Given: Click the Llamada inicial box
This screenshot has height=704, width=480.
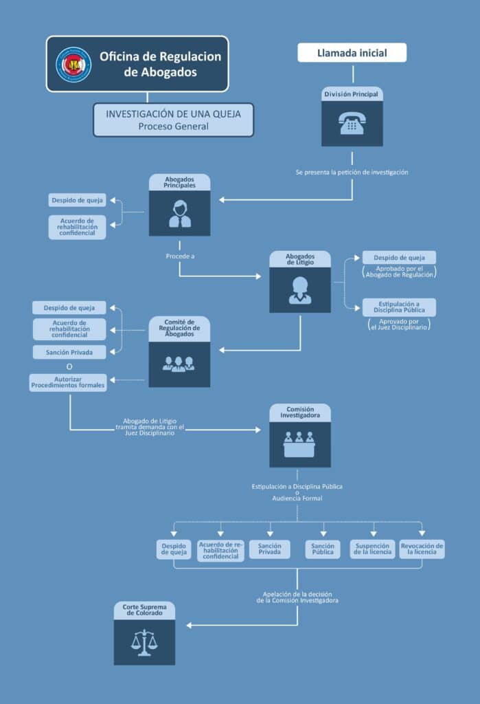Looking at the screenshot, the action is [x=352, y=52].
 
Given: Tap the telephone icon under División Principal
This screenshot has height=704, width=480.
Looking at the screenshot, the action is [x=352, y=123].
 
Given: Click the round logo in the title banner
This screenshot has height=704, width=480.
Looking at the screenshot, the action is [x=73, y=65].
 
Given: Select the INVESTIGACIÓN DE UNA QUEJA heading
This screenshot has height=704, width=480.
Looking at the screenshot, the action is [x=173, y=114].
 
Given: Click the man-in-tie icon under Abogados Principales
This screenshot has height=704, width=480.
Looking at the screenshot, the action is [x=180, y=214].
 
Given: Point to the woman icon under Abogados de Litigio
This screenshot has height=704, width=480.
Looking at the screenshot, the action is [x=300, y=290].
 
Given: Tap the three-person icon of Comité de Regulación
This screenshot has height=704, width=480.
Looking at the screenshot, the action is [x=179, y=364].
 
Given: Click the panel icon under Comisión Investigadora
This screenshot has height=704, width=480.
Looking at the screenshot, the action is [x=299, y=445].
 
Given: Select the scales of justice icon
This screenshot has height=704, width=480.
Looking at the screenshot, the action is [x=144, y=643].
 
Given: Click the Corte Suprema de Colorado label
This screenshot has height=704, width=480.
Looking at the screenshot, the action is [x=144, y=610].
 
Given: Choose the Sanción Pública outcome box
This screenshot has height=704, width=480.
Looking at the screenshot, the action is [x=323, y=549].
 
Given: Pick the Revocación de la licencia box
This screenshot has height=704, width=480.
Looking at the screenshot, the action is [x=422, y=549].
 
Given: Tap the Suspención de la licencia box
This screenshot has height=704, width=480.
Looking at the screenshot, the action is [x=372, y=549].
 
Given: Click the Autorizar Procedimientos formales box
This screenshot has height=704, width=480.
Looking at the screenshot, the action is [x=68, y=382].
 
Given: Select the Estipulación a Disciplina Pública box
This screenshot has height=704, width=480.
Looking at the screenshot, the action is [x=399, y=307].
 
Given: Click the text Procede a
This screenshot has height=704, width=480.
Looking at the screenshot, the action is [x=181, y=256].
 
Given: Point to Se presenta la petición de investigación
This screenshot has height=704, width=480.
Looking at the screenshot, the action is [x=352, y=173].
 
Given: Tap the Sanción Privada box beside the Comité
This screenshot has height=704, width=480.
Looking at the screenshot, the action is [x=69, y=353].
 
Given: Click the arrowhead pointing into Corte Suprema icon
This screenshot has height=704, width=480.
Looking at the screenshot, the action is [x=190, y=625].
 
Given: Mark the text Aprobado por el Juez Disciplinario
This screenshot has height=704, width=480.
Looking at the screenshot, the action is [x=399, y=324].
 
